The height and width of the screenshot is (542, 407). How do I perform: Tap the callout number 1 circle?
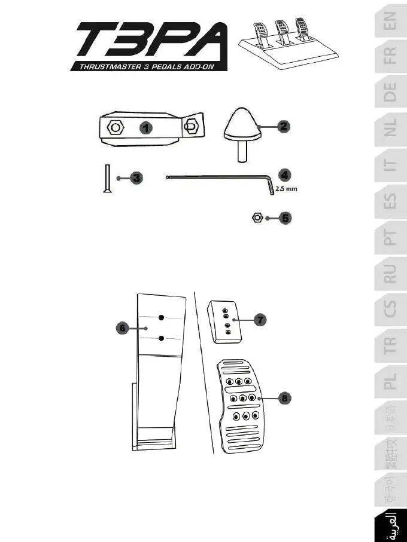144,127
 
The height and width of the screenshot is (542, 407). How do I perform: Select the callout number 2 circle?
284,126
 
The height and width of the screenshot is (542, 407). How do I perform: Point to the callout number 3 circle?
136,178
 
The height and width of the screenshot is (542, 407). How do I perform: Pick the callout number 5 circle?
285,218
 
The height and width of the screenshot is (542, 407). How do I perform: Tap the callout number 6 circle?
122,328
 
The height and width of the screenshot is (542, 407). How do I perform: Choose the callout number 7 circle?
260,320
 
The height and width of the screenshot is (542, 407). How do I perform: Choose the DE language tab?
390,93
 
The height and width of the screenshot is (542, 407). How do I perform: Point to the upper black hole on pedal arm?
162,317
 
